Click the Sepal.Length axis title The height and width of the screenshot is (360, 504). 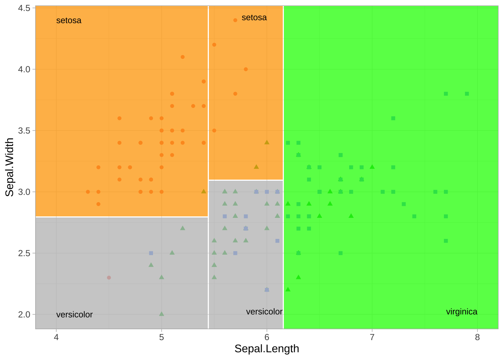(x=267, y=349)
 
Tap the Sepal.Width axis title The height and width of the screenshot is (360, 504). (x=9, y=167)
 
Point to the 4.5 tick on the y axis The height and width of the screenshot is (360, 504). (x=24, y=8)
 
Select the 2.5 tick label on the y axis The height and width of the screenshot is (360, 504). (x=24, y=253)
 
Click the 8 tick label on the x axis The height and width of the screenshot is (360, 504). (x=477, y=337)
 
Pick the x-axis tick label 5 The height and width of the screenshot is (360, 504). (x=161, y=337)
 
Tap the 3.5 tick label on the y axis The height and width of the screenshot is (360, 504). (x=24, y=130)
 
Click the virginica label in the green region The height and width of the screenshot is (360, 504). (x=462, y=312)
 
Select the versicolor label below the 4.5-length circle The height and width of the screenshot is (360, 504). (x=74, y=315)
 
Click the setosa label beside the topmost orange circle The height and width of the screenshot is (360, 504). (x=254, y=18)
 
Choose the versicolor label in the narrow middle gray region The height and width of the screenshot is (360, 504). (x=264, y=312)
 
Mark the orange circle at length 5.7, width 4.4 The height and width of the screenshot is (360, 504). (x=235, y=20)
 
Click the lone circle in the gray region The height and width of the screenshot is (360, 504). (x=109, y=277)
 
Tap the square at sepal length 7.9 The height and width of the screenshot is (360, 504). (x=467, y=94)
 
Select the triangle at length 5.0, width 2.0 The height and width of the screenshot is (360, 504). (x=162, y=314)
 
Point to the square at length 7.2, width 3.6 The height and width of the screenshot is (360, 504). (x=393, y=118)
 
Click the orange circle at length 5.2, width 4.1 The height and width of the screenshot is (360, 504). (x=183, y=57)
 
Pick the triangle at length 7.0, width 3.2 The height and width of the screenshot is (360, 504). (x=372, y=167)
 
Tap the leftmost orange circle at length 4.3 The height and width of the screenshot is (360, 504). (x=88, y=192)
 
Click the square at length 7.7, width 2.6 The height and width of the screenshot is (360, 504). (x=446, y=241)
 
